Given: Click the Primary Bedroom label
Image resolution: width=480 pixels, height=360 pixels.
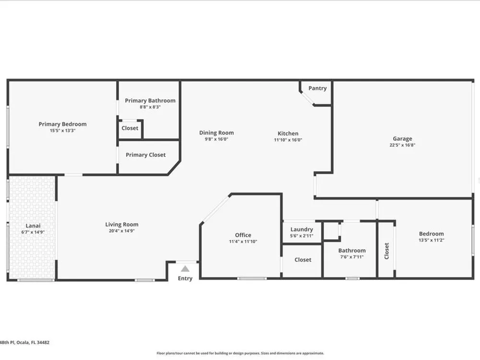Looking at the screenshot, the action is [x=62, y=124].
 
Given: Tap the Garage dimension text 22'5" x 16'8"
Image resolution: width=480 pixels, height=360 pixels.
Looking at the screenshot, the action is [x=402, y=145].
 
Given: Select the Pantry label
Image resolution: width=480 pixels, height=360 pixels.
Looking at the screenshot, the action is [x=317, y=88].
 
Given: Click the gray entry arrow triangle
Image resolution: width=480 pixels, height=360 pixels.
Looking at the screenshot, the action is [x=185, y=269].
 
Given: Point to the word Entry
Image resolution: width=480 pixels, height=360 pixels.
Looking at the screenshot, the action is [x=185, y=278].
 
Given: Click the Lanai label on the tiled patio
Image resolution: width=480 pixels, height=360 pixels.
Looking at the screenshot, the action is [x=33, y=226].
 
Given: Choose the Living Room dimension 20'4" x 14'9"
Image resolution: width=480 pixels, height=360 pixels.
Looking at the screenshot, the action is [x=122, y=231].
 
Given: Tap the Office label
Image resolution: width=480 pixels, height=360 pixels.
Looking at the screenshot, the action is [x=243, y=235].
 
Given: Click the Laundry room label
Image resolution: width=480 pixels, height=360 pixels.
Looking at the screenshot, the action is [x=301, y=229].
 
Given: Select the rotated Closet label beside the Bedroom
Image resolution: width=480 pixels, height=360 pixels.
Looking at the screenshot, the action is [x=386, y=251].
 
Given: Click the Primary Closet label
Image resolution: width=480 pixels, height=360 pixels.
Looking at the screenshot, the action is [x=146, y=155].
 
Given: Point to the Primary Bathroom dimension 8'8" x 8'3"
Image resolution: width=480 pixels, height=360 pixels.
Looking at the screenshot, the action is [x=150, y=107].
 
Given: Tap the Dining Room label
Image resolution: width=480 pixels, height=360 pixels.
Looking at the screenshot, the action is [x=216, y=133].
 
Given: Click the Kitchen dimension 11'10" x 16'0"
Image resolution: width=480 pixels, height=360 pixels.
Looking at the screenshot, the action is [x=288, y=140].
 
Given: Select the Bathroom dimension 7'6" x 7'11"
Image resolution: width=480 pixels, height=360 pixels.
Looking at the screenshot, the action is [x=352, y=257].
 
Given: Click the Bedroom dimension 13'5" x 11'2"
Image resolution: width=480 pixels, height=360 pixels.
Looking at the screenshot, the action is [x=432, y=240].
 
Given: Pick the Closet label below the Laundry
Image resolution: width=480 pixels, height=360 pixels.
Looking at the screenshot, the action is [x=303, y=260].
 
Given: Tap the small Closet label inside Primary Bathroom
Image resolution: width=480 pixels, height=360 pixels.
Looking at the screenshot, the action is [x=130, y=128].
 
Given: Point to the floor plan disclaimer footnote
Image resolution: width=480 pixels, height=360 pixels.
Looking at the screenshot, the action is [x=240, y=353].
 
